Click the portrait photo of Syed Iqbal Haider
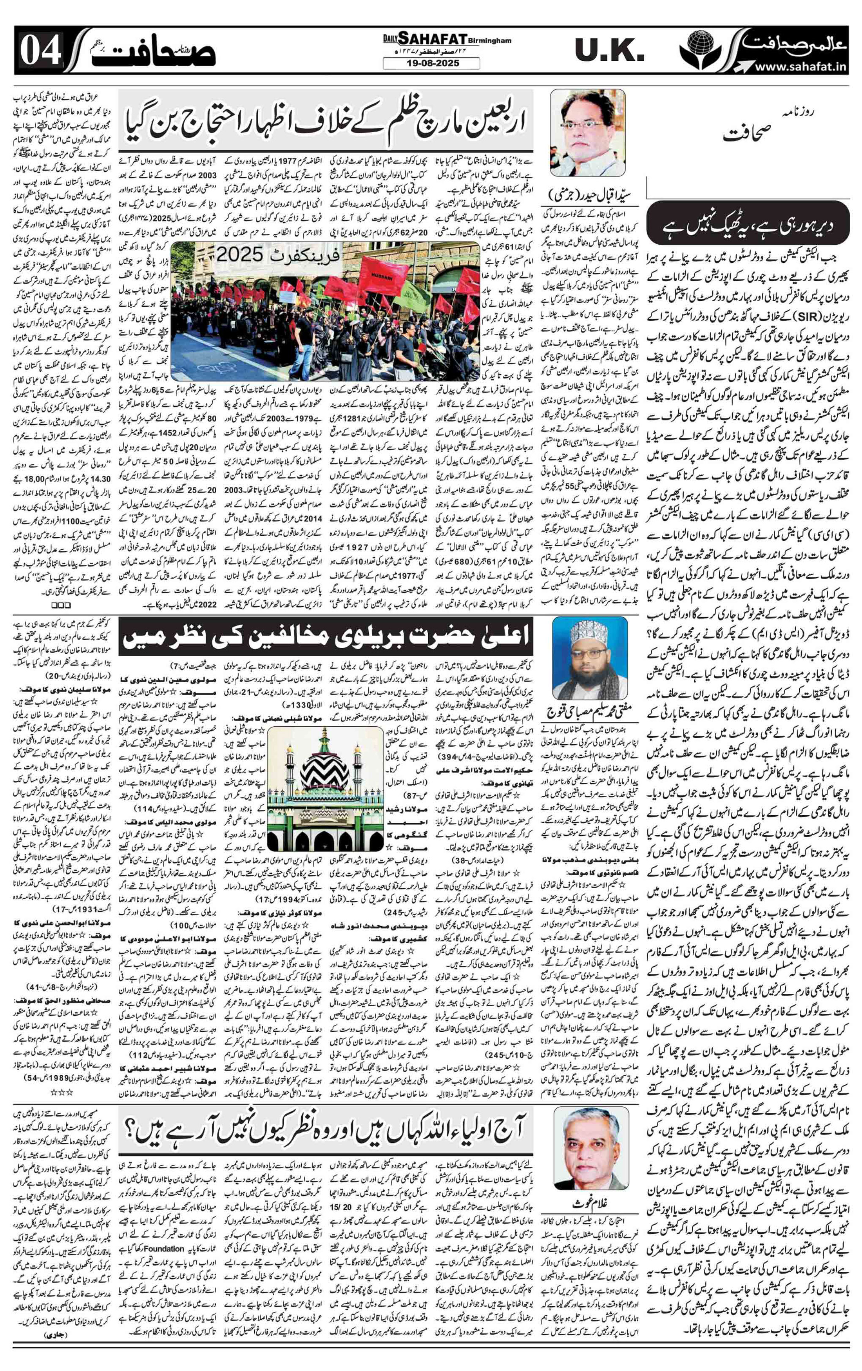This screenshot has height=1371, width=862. [x=587, y=132]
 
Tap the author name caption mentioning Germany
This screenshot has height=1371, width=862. [x=588, y=195]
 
